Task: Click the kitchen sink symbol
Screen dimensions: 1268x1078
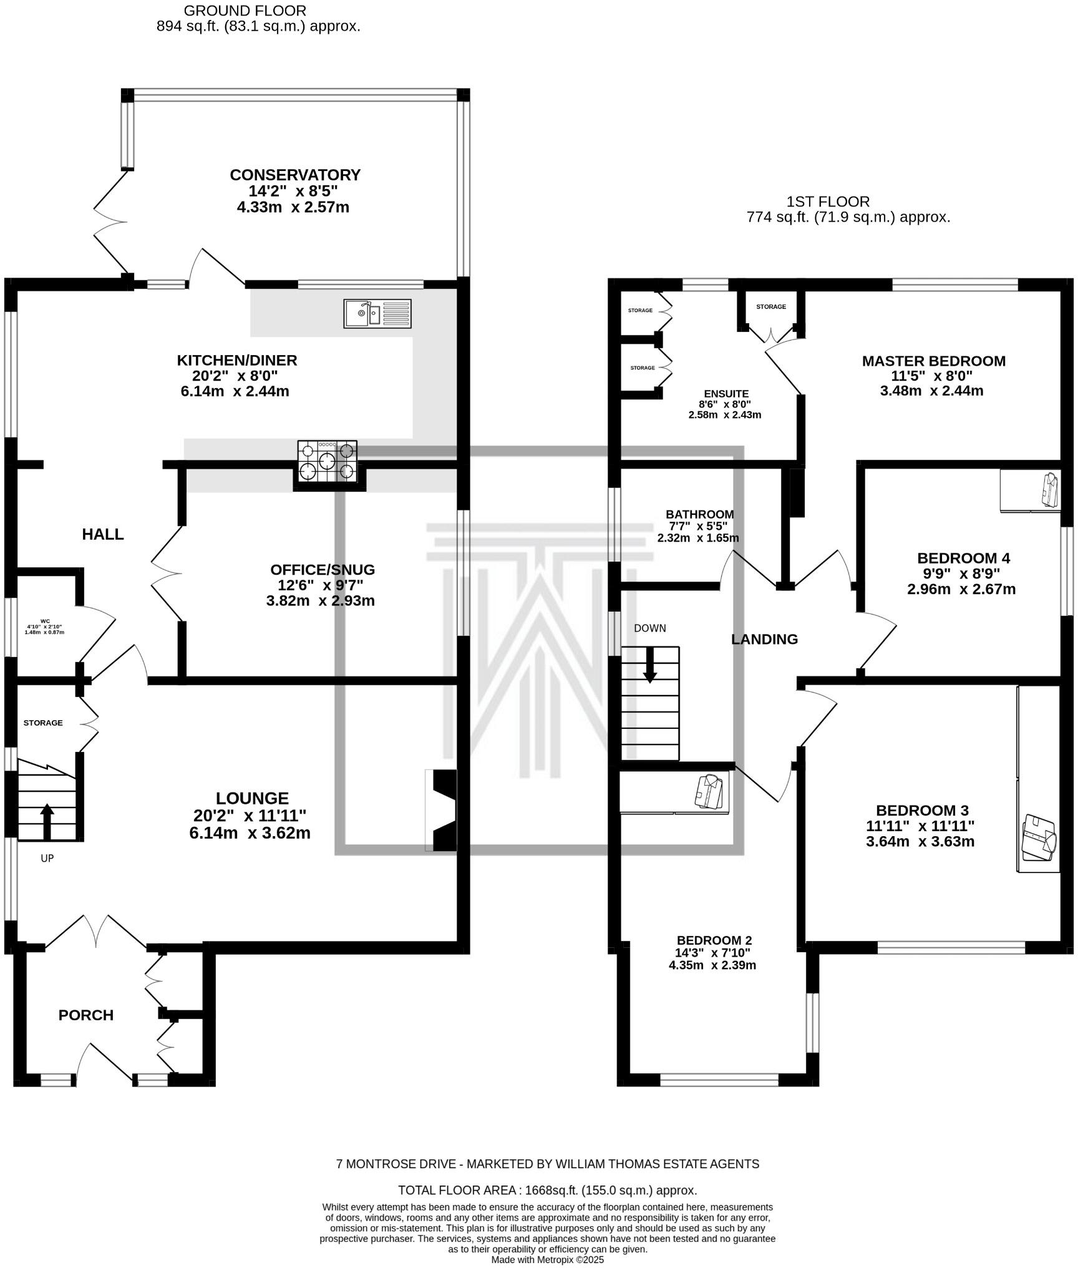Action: tap(377, 313)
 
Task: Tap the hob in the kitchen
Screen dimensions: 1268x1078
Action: tap(328, 462)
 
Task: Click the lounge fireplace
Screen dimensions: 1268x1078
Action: tap(443, 810)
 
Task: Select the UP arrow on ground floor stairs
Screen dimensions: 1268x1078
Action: tap(47, 821)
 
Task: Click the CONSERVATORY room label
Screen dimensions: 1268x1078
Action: tap(295, 175)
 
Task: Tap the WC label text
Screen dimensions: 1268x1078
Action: tap(44, 621)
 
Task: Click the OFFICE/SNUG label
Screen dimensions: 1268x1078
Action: tap(323, 569)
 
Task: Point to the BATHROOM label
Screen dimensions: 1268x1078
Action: tap(699, 514)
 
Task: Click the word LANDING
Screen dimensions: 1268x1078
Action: tap(764, 639)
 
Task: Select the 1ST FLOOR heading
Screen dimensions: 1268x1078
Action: tap(828, 202)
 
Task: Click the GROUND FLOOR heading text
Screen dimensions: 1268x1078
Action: tap(245, 11)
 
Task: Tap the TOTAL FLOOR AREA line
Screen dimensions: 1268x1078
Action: tap(547, 1190)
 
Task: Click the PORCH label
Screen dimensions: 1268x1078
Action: tap(86, 1015)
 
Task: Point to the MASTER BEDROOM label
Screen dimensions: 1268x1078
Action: tap(933, 361)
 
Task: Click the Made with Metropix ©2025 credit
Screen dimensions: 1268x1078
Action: tap(547, 1260)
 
